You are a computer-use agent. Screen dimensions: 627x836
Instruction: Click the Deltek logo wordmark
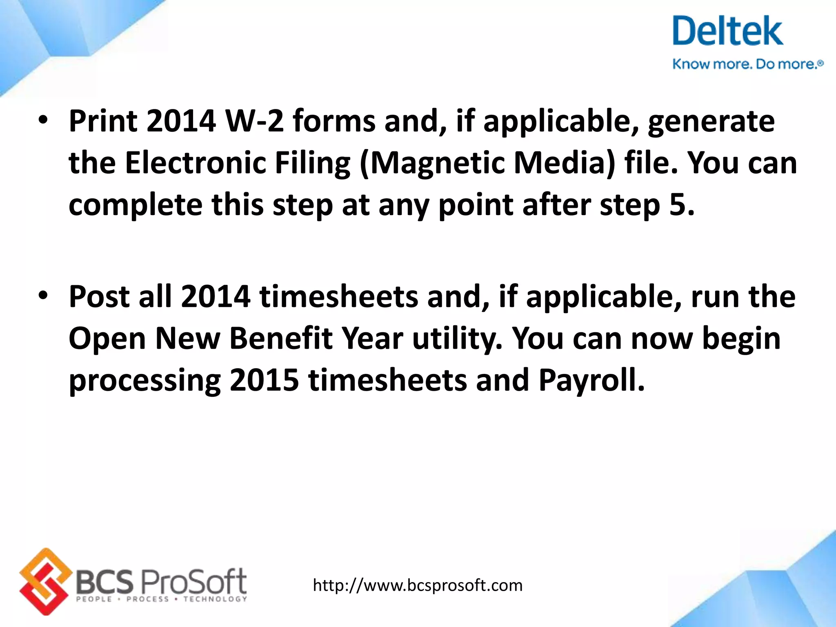coord(727,31)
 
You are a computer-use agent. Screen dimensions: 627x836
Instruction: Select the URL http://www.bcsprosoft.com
coord(417,585)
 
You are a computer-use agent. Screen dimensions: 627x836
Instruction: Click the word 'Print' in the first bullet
coord(103,121)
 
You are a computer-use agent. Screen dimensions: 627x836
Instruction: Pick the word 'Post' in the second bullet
coord(100,297)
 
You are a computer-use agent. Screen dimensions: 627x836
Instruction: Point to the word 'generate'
coord(711,121)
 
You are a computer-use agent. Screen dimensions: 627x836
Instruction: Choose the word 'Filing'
coord(312,163)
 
